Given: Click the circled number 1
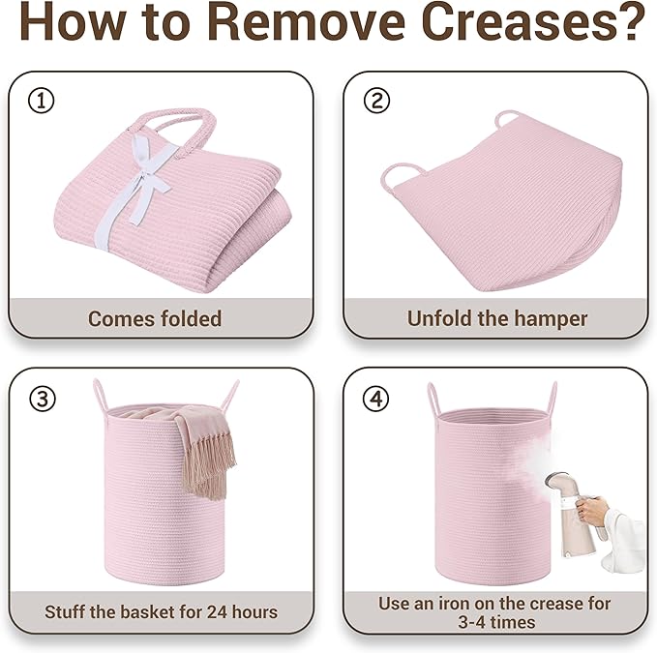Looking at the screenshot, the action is pos(41,100).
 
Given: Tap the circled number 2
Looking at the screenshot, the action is pos(376,100).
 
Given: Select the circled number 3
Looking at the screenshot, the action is pos(43,399).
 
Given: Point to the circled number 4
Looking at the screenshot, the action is pos(375,399).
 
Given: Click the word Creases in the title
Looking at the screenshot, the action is pos(533,21).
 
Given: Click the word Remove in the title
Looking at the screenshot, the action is pos(307,21).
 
